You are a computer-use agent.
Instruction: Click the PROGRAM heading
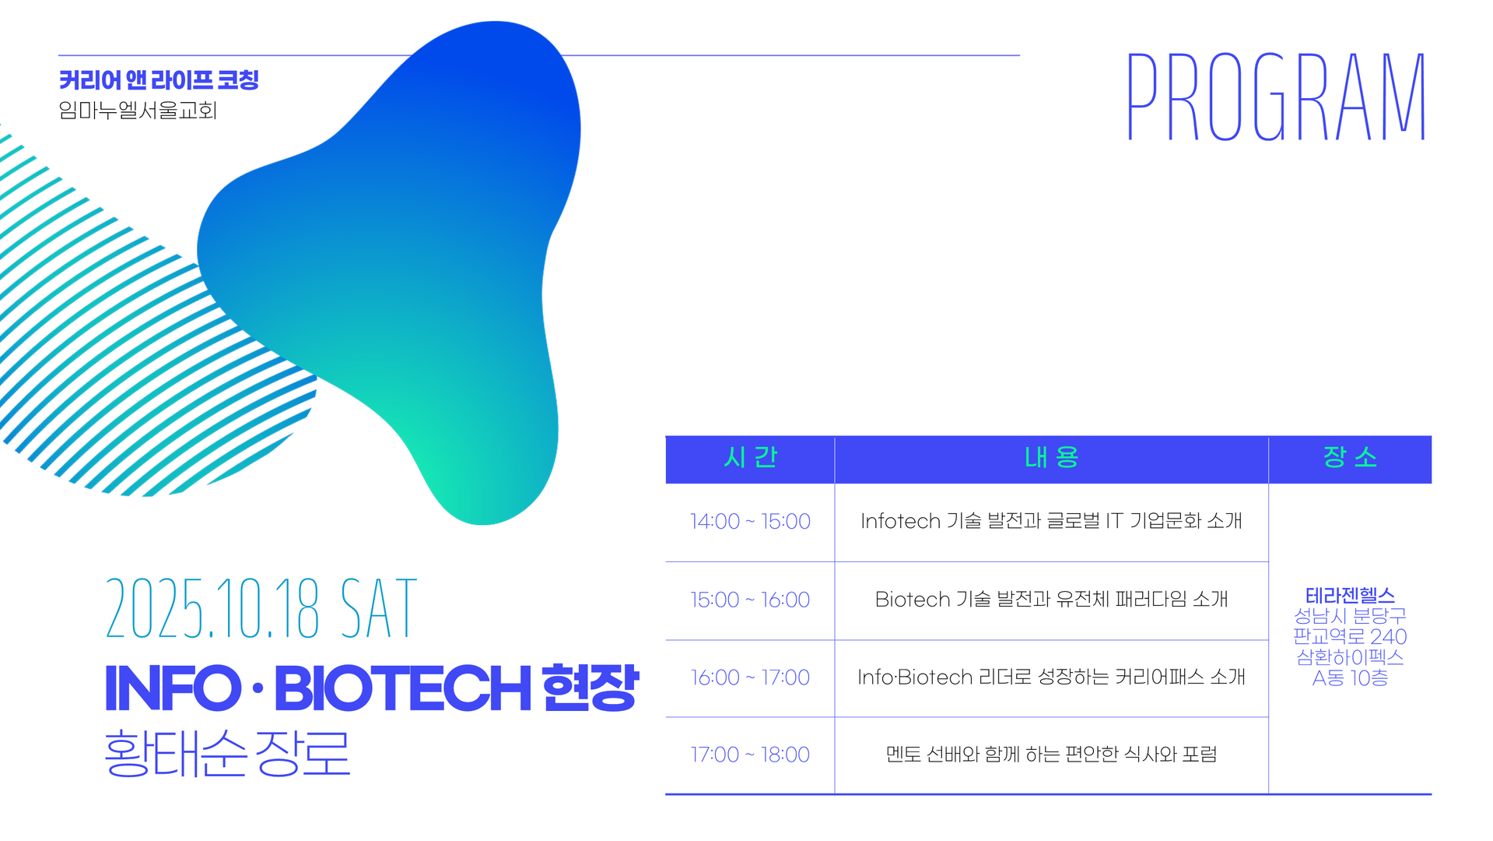(1276, 97)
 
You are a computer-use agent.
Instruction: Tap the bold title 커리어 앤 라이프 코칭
(159, 80)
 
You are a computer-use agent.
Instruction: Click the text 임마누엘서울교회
(138, 111)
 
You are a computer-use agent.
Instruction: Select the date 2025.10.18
(212, 608)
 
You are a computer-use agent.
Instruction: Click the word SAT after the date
(379, 608)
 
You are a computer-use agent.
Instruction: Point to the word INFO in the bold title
(173, 688)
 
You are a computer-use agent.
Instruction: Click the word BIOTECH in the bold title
(403, 688)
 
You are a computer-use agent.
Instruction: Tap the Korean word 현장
(590, 688)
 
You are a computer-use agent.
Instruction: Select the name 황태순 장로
(227, 753)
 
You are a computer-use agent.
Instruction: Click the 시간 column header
(750, 457)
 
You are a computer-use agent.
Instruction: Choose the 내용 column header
(1051, 457)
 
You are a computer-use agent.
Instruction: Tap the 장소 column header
(1350, 457)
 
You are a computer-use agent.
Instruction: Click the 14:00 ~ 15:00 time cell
(750, 521)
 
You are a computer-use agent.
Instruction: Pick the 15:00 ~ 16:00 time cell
(750, 600)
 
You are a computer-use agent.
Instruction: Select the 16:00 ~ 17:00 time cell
(750, 677)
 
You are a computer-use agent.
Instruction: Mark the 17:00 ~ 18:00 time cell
(750, 755)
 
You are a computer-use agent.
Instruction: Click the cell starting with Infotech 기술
(1051, 521)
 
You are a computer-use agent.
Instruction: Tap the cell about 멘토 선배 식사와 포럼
(1051, 755)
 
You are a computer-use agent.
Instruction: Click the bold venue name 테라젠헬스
(1350, 596)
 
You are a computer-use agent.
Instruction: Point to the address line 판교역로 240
(1350, 636)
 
